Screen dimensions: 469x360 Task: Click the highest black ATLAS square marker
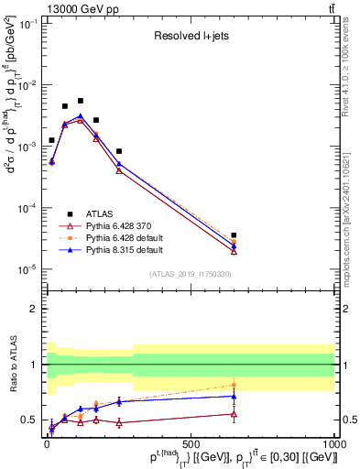(x=81, y=101)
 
